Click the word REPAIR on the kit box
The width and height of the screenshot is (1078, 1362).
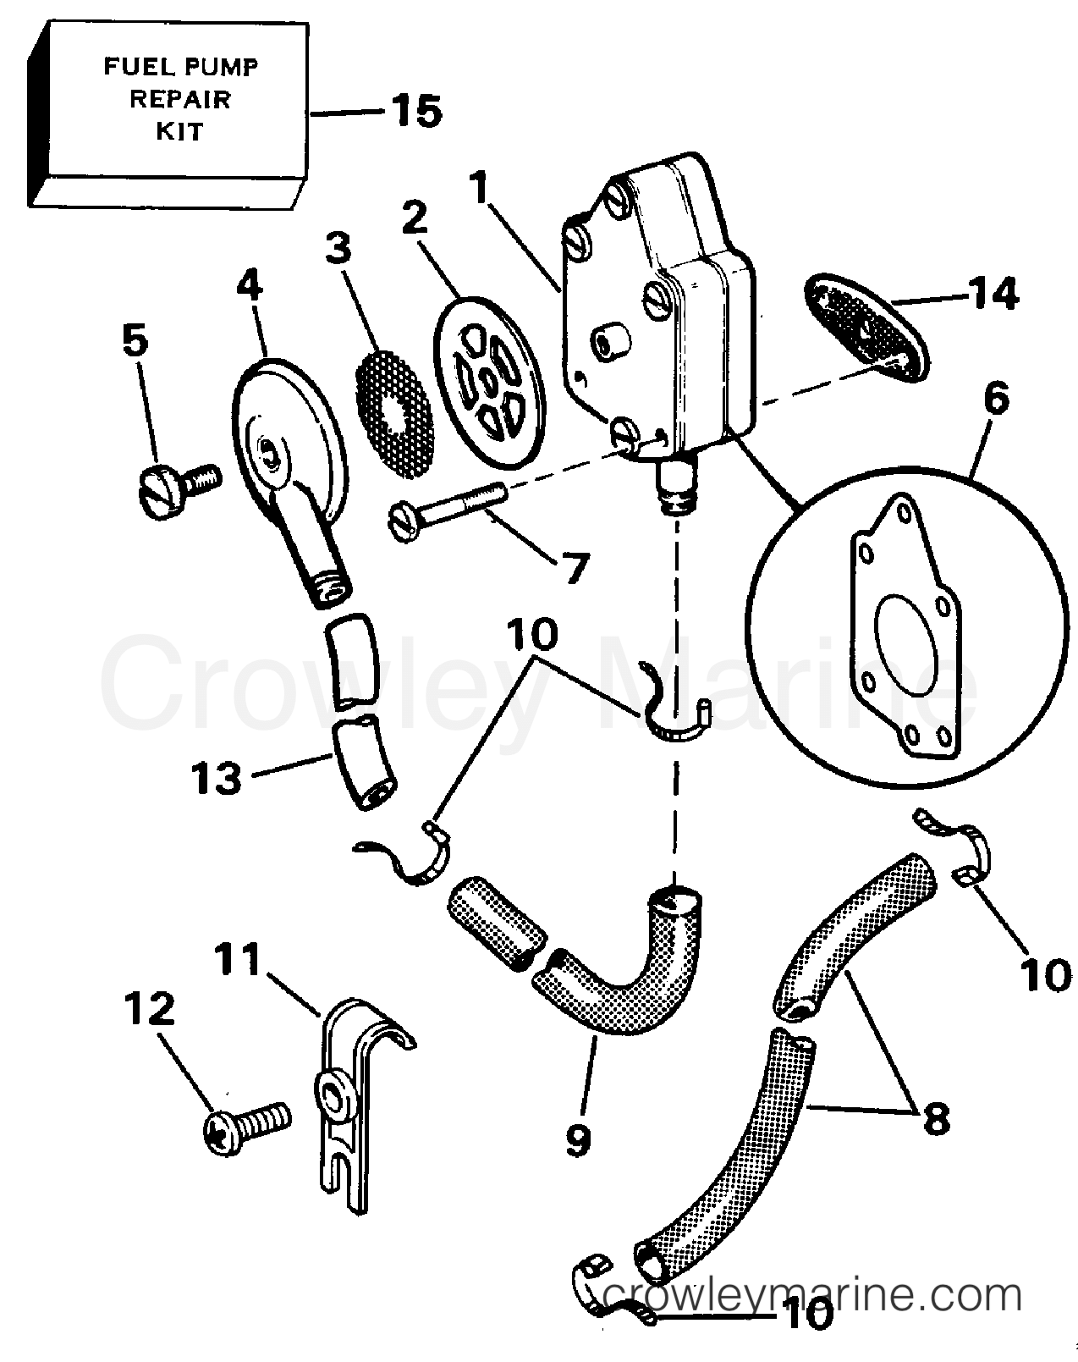pyautogui.click(x=179, y=98)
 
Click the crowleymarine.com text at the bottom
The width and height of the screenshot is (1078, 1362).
pyautogui.click(x=812, y=1318)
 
